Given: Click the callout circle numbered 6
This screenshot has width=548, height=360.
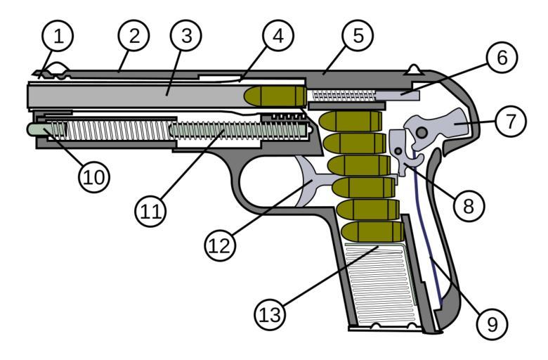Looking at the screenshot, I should pyautogui.click(x=501, y=58).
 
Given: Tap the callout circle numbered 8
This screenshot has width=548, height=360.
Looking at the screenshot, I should pyautogui.click(x=467, y=203).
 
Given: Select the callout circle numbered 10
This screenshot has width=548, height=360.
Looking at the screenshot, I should pyautogui.click(x=94, y=176).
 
